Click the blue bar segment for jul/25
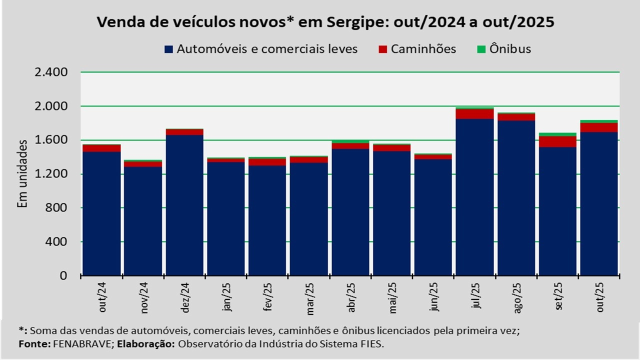[474, 197]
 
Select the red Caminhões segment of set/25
[557, 141]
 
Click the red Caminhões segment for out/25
[599, 127]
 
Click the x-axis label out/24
[102, 298]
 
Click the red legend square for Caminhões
[383, 49]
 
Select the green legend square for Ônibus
[481, 49]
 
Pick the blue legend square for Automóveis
[168, 49]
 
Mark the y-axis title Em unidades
[22, 174]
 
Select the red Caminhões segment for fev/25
[267, 162]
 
